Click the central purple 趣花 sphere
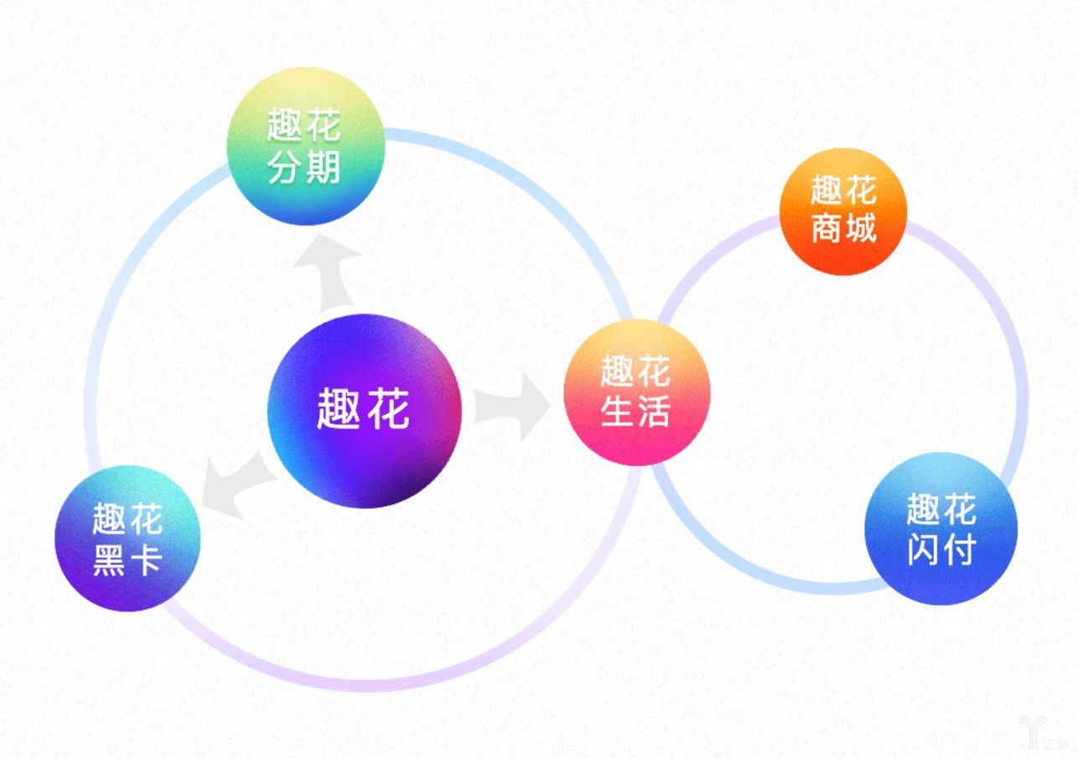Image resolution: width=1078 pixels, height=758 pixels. (364, 411)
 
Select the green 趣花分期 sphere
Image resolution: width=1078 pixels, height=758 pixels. (305, 147)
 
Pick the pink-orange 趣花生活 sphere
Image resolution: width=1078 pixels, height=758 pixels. (636, 392)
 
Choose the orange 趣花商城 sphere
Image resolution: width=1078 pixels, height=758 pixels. (842, 210)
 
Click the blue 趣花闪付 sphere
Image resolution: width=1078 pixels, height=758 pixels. (941, 529)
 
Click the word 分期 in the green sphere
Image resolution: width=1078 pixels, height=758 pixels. (304, 168)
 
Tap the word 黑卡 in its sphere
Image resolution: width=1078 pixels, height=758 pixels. (127, 560)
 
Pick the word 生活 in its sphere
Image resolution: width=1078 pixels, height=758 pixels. (636, 412)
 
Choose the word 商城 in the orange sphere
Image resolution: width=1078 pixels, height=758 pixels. (843, 229)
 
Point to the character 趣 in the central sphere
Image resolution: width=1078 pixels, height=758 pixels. (339, 410)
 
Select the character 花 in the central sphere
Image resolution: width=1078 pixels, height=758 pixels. (388, 410)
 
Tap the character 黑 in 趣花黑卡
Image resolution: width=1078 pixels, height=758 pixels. (109, 560)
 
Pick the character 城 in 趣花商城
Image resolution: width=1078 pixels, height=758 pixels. (861, 229)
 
